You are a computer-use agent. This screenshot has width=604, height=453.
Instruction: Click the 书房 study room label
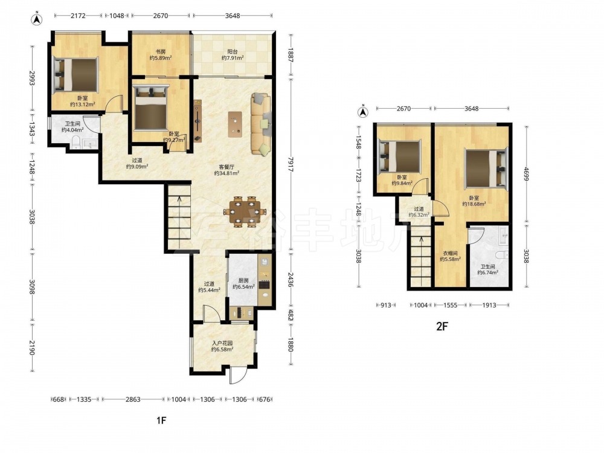[x=161, y=51]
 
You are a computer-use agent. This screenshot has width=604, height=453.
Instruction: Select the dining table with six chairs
[x=245, y=211]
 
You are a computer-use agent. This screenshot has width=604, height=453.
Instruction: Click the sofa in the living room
[x=261, y=124]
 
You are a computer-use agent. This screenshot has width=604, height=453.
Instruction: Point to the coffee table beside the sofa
[x=235, y=124]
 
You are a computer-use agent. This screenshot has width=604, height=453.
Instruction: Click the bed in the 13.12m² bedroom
[x=76, y=75]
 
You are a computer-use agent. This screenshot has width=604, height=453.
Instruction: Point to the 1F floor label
[x=161, y=420]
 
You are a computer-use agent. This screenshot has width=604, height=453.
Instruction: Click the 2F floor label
[x=442, y=326]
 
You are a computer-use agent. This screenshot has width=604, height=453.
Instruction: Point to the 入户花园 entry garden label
[x=222, y=343]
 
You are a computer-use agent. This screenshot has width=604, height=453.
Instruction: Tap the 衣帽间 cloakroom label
[x=450, y=253]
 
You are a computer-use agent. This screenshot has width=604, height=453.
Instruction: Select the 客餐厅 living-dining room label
[x=226, y=167]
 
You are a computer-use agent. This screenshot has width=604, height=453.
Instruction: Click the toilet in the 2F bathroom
[x=502, y=255]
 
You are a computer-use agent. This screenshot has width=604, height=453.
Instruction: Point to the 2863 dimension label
[x=133, y=399]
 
